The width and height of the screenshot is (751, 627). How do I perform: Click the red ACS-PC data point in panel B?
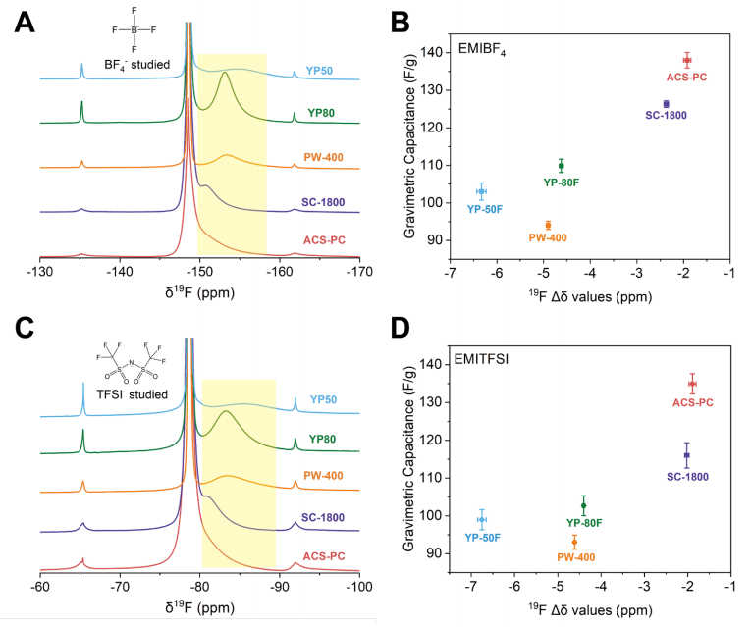click(687, 60)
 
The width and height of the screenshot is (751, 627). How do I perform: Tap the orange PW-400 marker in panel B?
click(548, 225)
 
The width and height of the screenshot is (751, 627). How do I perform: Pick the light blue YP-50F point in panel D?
click(482, 520)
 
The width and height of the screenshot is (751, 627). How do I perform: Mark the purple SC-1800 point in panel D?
click(686, 455)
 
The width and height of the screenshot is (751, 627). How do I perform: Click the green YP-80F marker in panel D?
click(583, 505)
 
